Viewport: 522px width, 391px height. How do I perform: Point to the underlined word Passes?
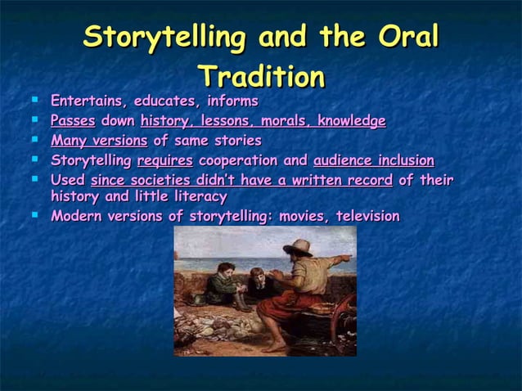tap(73, 121)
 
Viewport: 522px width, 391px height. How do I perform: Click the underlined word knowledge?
tap(352, 121)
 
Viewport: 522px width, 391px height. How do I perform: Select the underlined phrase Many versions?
tap(99, 141)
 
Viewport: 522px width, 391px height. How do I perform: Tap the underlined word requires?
tap(164, 160)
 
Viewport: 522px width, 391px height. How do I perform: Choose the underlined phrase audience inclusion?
tap(373, 160)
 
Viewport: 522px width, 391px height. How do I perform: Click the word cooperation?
tap(239, 160)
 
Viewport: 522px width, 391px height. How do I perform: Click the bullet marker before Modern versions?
tap(35, 214)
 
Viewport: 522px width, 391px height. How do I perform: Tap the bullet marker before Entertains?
tap(35, 99)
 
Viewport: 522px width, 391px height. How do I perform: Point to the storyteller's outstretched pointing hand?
tap(346, 258)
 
